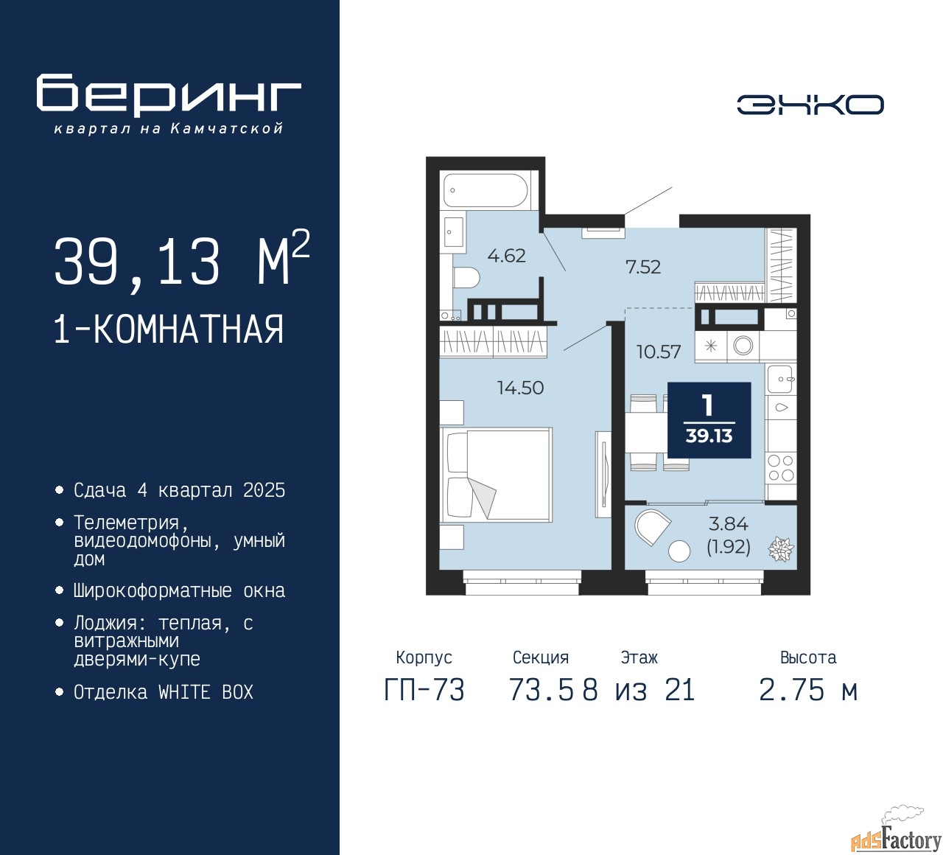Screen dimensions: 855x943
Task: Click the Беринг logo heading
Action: pos(169,94)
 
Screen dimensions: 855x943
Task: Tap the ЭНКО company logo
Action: pos(810,105)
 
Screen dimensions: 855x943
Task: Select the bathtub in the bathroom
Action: pos(485,190)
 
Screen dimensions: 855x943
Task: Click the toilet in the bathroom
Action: pos(466,278)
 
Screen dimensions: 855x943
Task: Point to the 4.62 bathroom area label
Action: pos(506,256)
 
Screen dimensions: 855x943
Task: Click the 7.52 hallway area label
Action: pos(643,267)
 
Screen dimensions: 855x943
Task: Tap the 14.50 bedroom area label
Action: pos(520,388)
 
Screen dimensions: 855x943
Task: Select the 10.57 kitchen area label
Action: pos(659,352)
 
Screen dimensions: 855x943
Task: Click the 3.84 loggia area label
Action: pos(728,524)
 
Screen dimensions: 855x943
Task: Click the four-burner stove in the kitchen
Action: pos(781,468)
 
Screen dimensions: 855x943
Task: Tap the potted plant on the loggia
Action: pos(780,549)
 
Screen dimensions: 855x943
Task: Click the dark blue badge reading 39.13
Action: pos(709,420)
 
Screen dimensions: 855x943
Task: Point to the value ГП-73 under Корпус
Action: pos(424,691)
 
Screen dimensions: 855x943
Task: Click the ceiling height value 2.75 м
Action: pos(808,691)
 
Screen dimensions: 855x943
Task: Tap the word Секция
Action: pos(541,657)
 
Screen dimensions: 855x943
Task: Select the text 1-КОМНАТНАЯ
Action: pos(169,329)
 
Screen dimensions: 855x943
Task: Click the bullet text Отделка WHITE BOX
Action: pos(164,692)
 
